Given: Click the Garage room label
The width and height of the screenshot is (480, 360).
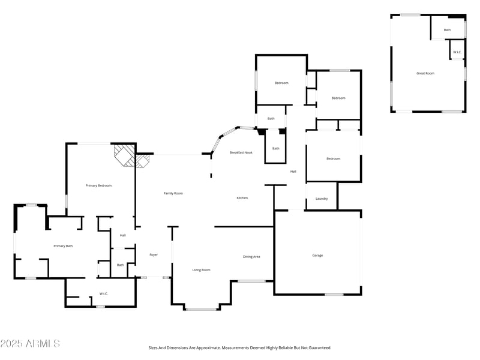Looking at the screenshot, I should [317, 256].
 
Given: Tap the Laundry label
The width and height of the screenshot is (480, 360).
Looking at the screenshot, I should [322, 199].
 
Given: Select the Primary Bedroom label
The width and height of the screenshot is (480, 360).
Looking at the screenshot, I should [99, 185].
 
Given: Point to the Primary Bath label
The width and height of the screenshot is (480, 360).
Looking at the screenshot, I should [63, 246].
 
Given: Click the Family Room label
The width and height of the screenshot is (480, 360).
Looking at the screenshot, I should [173, 193].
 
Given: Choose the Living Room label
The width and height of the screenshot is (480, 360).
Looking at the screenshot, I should [201, 270].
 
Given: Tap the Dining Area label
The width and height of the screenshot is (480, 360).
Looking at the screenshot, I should [251, 257].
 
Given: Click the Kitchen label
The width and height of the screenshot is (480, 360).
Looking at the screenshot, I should [242, 198].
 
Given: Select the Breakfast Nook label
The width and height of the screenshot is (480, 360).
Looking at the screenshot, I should [241, 153].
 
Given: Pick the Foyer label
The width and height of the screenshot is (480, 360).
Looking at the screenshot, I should [154, 255].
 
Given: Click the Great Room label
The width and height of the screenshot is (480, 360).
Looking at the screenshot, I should [425, 73].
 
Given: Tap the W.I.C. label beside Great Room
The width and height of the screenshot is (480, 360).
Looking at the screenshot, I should [457, 52].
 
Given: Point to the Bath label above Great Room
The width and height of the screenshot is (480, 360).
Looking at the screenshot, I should [447, 30].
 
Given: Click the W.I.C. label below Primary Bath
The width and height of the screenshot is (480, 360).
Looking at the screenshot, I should [103, 294].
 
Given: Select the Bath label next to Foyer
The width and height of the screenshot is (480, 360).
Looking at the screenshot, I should [120, 265].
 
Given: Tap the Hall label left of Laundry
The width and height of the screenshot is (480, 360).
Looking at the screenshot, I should [293, 172].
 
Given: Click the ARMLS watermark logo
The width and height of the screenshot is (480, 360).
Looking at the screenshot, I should [30, 344].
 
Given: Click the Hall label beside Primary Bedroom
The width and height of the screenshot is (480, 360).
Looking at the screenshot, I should [122, 235].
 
